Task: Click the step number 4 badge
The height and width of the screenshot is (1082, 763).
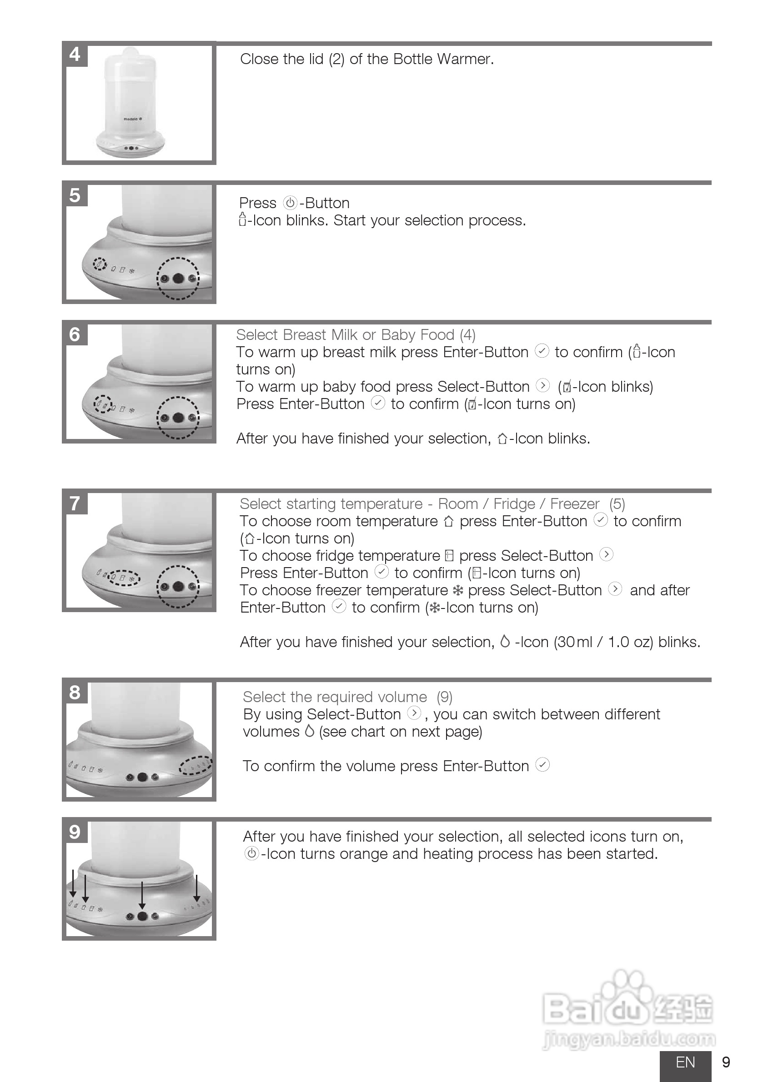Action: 75,55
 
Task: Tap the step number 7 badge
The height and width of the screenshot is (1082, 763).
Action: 75,504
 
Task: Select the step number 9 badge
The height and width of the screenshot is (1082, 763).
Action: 75,832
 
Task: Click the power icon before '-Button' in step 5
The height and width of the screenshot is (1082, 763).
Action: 290,203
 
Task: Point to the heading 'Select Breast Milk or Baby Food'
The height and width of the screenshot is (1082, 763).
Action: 345,334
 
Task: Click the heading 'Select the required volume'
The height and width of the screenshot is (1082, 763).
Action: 335,697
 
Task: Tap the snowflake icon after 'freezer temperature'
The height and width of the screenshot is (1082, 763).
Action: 457,590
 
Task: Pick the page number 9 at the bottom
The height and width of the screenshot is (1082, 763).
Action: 726,1062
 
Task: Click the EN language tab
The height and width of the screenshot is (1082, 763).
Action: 685,1062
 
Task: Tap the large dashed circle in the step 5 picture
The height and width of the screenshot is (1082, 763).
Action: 178,279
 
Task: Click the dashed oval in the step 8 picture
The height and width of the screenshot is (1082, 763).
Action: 195,765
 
